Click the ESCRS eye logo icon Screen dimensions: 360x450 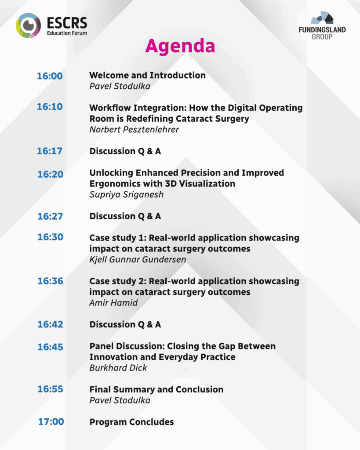click(x=28, y=25)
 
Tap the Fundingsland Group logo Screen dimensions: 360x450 click(x=322, y=25)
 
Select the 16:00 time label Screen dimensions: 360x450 click(x=50, y=76)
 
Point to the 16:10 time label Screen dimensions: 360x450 click(x=50, y=107)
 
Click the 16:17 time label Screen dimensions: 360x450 click(x=50, y=151)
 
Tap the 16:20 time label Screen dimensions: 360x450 click(x=50, y=174)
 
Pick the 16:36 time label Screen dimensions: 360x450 click(x=50, y=281)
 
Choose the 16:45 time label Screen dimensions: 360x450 click(x=50, y=347)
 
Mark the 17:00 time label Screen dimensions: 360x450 click(x=51, y=421)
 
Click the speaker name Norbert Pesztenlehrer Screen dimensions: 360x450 click(x=134, y=130)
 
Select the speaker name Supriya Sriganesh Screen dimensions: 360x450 click(x=126, y=195)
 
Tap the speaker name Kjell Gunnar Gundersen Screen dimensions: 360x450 click(x=138, y=259)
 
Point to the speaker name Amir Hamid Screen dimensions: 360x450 click(x=113, y=303)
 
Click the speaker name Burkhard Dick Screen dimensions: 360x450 click(x=118, y=368)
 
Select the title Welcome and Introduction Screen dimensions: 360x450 click(x=147, y=75)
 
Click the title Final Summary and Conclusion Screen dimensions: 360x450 click(x=156, y=389)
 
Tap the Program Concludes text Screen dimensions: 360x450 click(x=131, y=422)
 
